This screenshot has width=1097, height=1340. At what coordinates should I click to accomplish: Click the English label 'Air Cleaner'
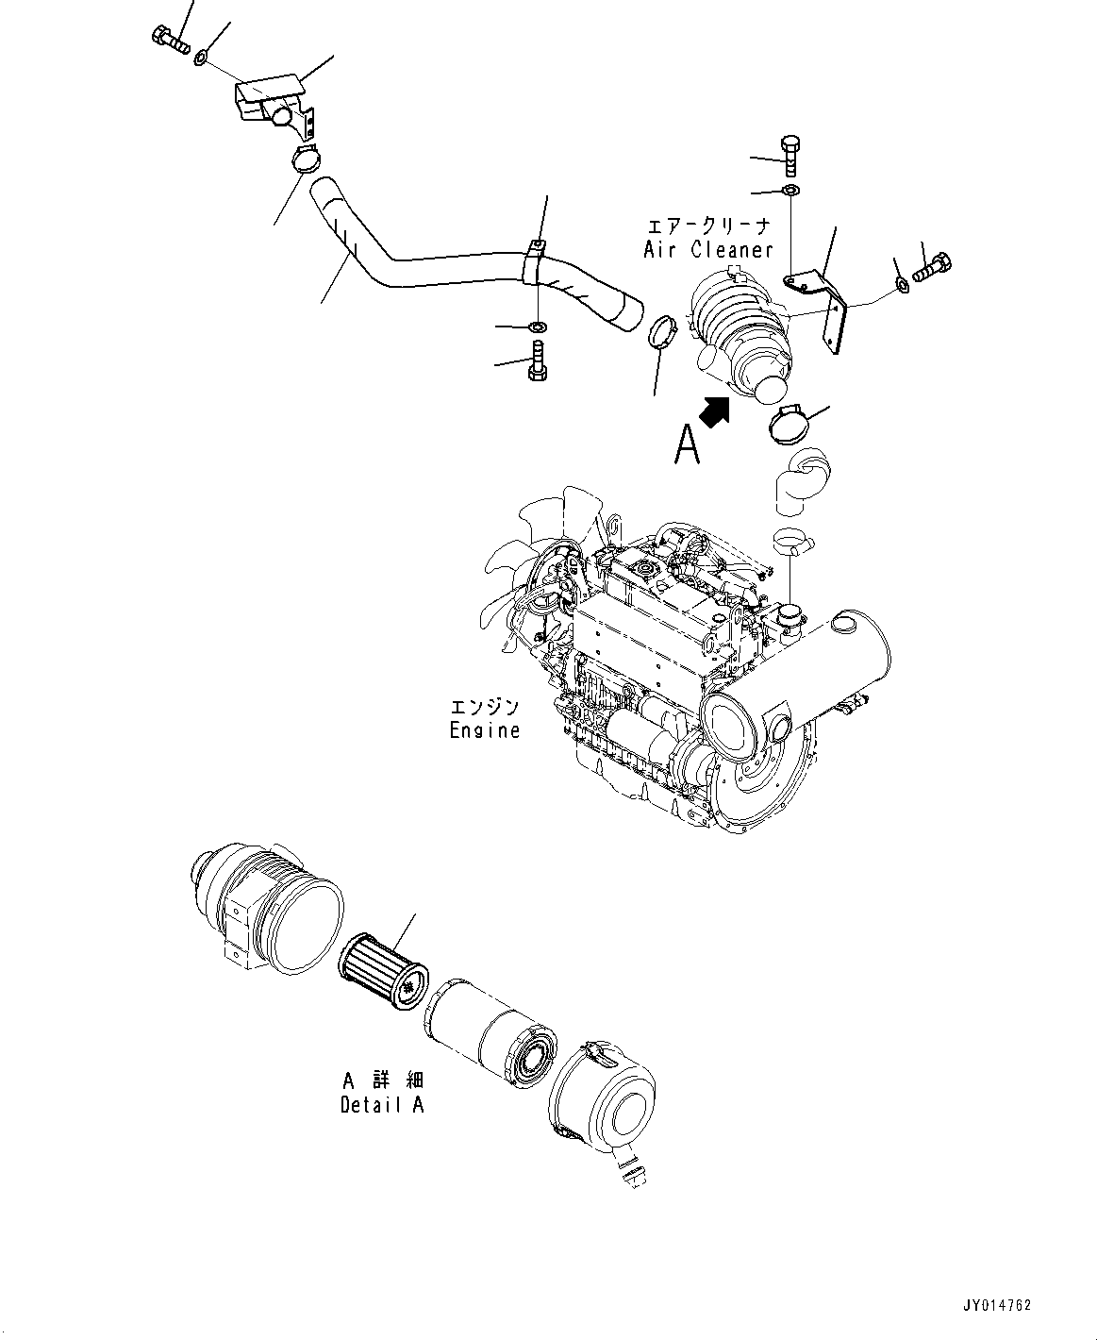click(x=708, y=249)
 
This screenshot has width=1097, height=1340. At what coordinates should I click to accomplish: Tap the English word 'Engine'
click(x=484, y=729)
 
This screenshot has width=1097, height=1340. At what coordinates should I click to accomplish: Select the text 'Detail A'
click(x=382, y=1104)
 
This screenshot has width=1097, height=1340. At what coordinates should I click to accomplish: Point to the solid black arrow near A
click(x=714, y=410)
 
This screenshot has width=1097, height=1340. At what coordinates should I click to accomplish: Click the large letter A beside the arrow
click(x=687, y=444)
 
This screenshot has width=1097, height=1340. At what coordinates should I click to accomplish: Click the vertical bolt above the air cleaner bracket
click(x=790, y=156)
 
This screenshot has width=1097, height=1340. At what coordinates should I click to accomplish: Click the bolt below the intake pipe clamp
click(x=537, y=362)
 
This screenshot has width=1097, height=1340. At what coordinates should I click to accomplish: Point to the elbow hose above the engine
click(x=800, y=481)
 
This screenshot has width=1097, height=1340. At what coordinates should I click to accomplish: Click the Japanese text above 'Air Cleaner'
click(x=708, y=226)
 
